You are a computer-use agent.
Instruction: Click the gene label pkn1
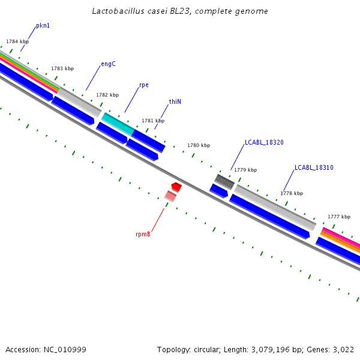coord(43,26)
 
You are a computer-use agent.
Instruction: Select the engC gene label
coord(108,64)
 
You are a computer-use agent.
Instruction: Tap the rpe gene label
coord(144,85)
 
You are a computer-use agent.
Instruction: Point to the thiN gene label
coord(175,102)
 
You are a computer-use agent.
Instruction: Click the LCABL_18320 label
coord(264,143)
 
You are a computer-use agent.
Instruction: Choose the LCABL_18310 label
coord(314,168)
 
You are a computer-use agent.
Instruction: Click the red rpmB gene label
coord(143,234)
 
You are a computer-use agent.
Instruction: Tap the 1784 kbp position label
coord(17,42)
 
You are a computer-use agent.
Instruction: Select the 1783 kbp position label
coord(62,69)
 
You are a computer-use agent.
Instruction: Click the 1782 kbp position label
coord(107,95)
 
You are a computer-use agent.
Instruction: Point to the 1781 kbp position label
coord(153,121)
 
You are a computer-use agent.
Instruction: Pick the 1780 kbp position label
coord(199,146)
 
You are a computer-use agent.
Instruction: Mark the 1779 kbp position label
coord(244,170)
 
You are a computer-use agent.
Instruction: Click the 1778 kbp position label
coord(292,194)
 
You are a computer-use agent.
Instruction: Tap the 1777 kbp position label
coord(339,217)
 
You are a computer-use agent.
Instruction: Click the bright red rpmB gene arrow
coord(176,187)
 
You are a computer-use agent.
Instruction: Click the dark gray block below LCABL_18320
coord(224,181)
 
